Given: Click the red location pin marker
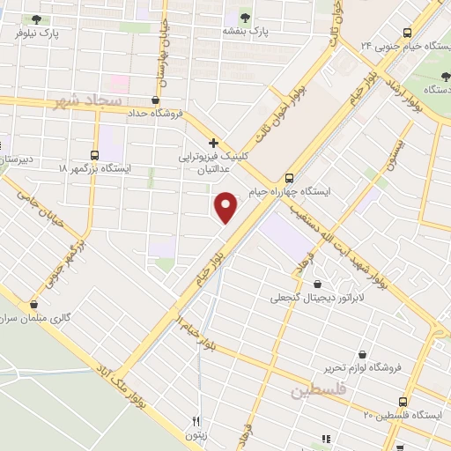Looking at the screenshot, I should click(x=227, y=206).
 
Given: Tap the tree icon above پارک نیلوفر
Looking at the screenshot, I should click(x=35, y=19).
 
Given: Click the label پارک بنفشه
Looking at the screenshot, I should click(x=244, y=31).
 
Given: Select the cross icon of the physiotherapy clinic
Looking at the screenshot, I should click(x=212, y=142).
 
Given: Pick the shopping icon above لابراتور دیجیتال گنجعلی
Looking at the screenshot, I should click(x=317, y=284).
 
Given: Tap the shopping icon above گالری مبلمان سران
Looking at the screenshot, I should click(x=33, y=303).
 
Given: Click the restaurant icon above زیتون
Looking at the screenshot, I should click(x=196, y=421).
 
